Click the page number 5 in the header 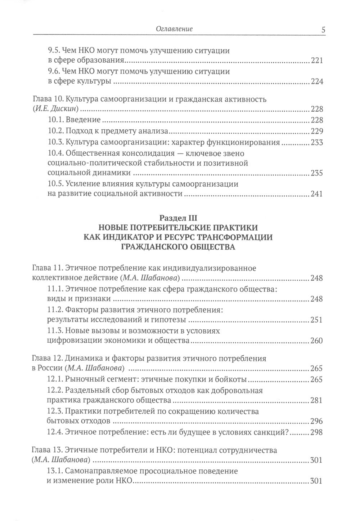tap(323, 30)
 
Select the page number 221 tap(317, 61)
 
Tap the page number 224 tap(317, 82)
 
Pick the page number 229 tap(317, 131)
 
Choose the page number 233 tap(317, 142)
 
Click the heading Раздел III tap(178, 218)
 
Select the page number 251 tap(317, 320)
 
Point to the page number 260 tap(317, 340)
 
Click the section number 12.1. tap(55, 379)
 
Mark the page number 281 tap(317, 400)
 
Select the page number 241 tap(317, 194)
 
